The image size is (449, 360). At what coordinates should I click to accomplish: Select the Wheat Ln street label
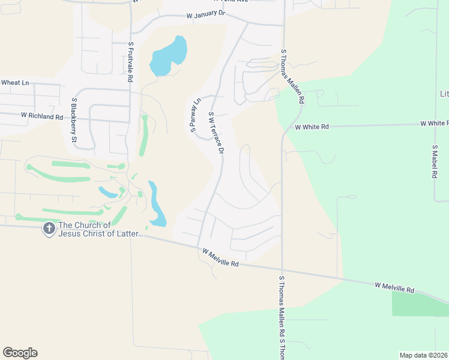pos(15,83)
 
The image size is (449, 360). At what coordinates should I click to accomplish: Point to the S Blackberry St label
pos(75,121)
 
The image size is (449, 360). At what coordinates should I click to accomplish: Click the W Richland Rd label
pos(41,115)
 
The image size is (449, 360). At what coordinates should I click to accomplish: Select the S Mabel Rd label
pos(433,161)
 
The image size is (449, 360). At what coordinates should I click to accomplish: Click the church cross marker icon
pos(49,229)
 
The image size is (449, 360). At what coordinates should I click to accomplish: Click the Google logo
pos(20,353)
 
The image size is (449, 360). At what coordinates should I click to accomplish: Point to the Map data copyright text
pos(423,355)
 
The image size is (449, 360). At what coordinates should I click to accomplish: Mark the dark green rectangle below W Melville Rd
pos(420,304)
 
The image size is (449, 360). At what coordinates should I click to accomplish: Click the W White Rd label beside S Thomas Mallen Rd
pos(312,127)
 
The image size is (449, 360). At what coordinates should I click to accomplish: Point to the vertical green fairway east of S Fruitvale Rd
pos(143,135)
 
